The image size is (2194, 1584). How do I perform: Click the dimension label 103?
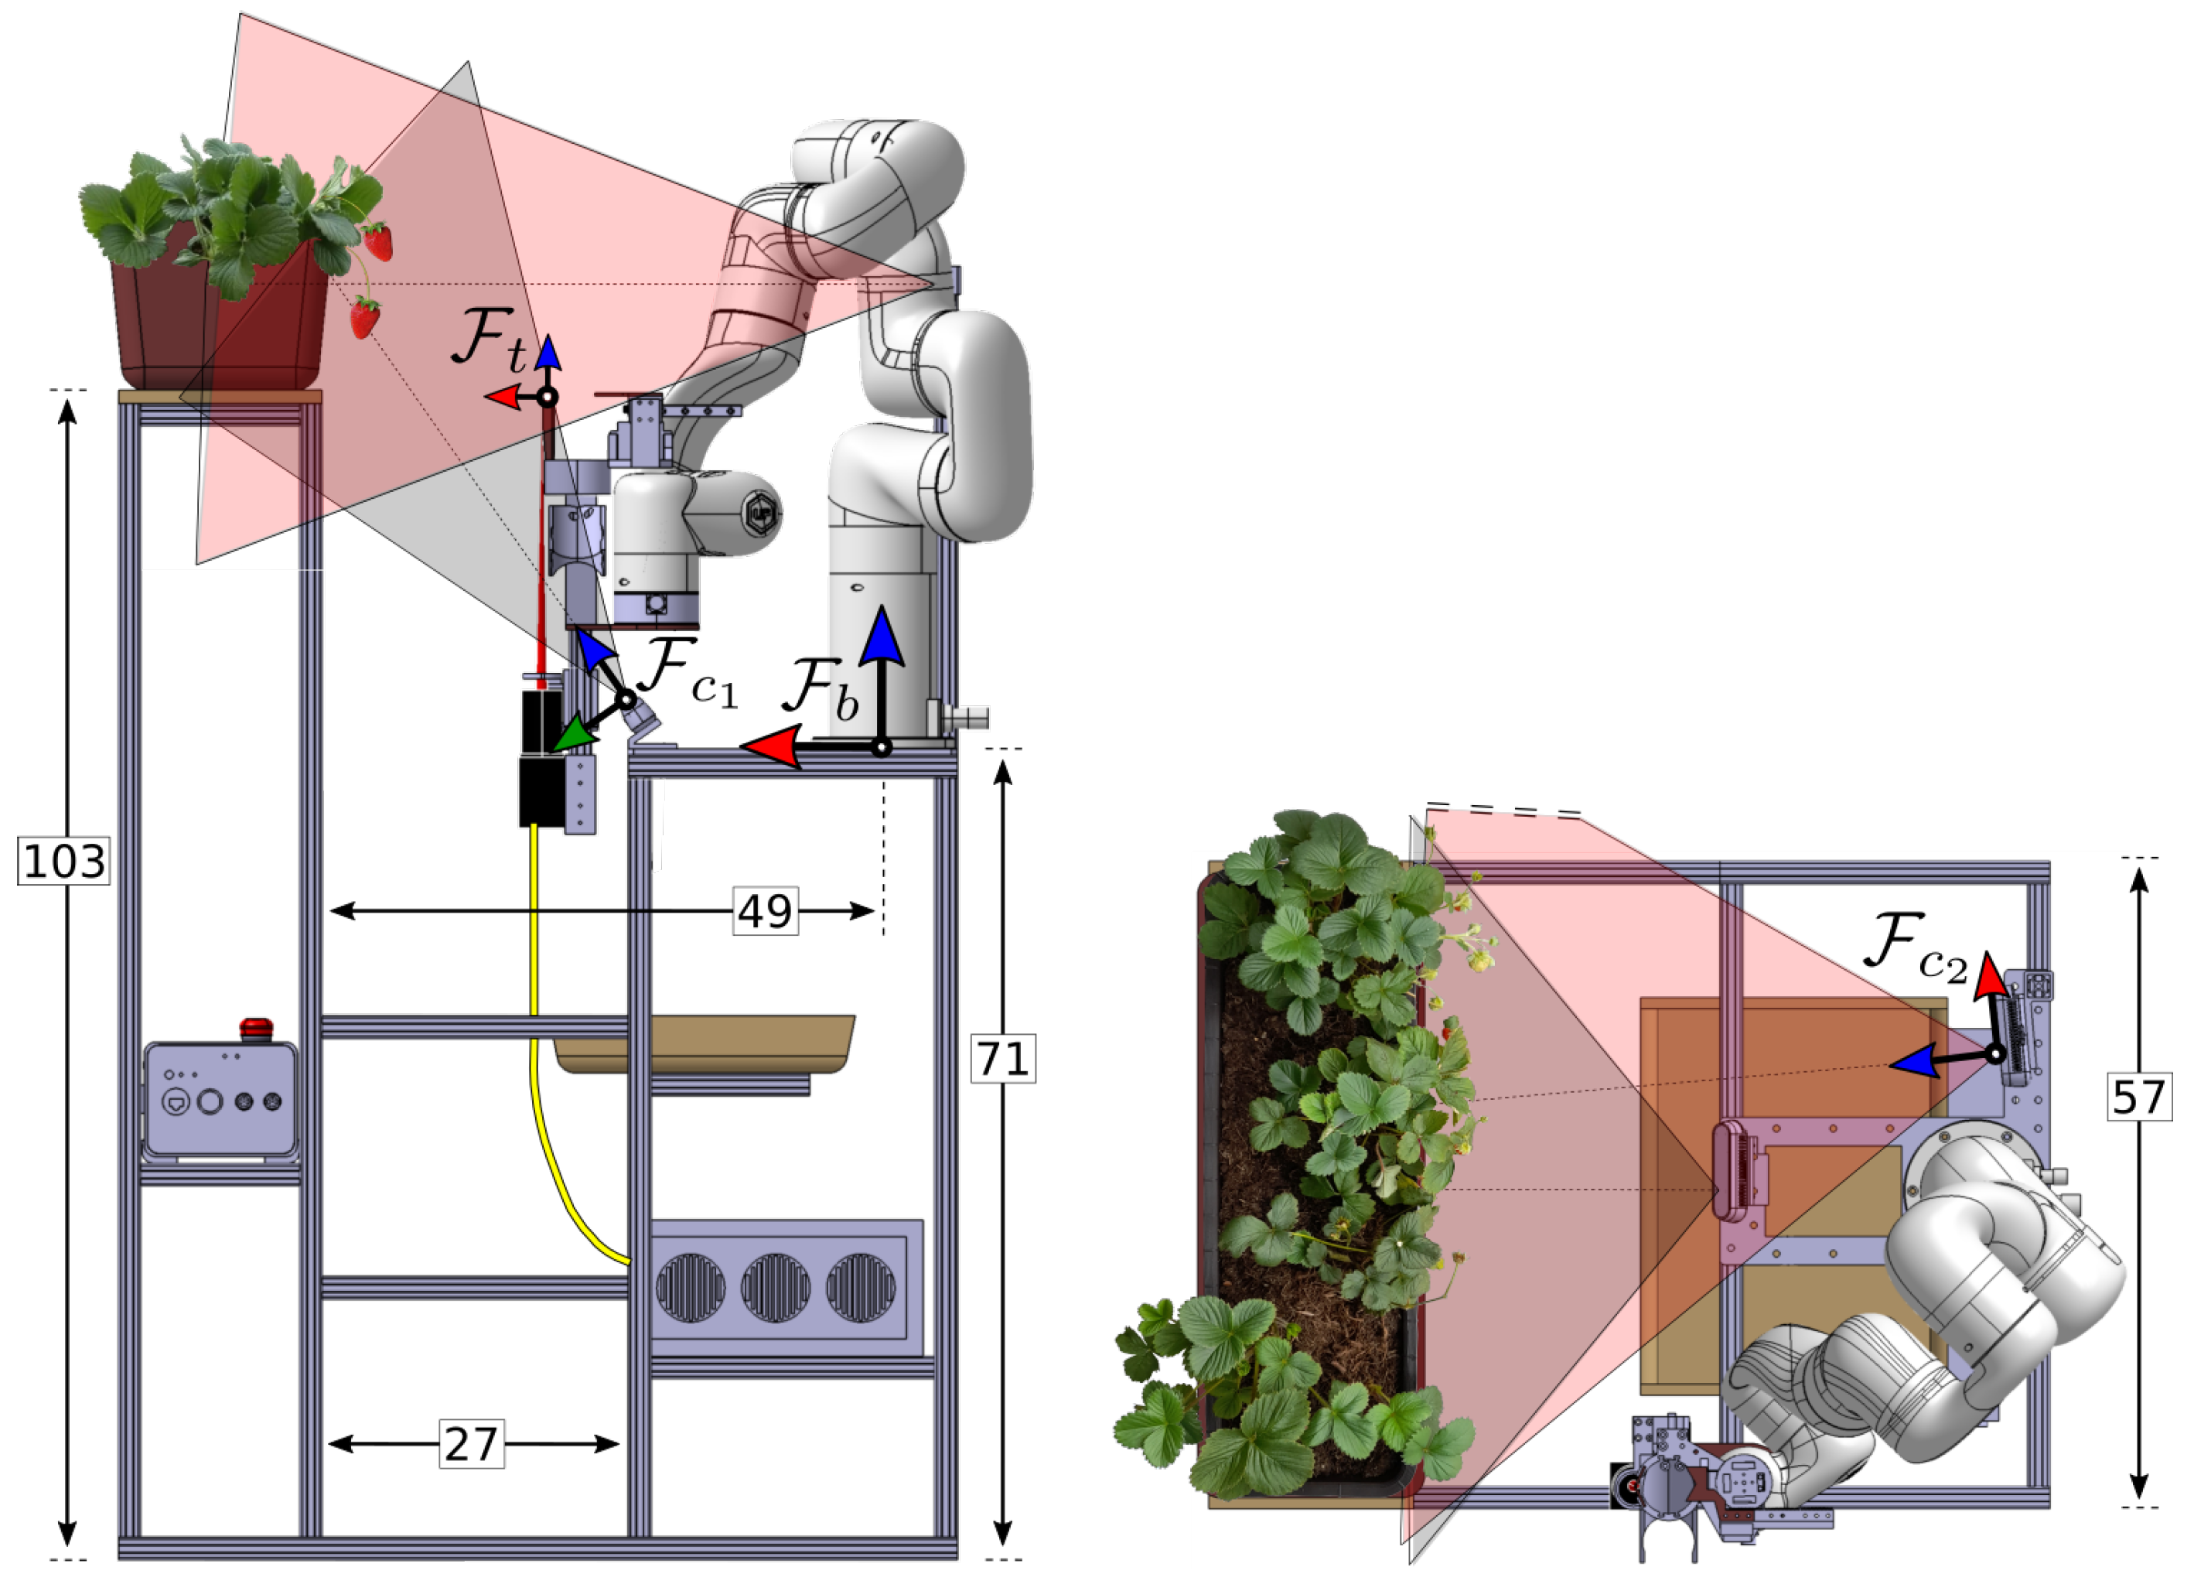[64, 860]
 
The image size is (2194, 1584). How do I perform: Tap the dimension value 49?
[765, 910]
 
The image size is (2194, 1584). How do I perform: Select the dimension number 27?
[471, 1444]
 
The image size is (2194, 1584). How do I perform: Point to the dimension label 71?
[1002, 1059]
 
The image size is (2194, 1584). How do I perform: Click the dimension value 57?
[2138, 1098]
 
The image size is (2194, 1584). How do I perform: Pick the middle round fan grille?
[775, 1288]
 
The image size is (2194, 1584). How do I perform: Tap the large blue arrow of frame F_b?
[882, 639]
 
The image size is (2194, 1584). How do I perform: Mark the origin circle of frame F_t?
[548, 397]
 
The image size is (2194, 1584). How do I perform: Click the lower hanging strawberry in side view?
[365, 317]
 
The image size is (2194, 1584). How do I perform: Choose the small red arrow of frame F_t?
[503, 397]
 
